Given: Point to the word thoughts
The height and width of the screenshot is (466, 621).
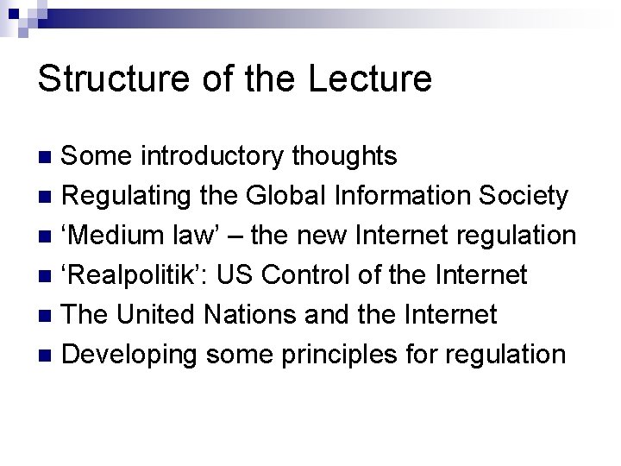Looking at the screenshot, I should tap(345, 156).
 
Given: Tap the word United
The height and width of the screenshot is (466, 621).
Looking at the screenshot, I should tap(156, 315).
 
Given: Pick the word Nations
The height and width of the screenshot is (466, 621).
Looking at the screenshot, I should tap(245, 315).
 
